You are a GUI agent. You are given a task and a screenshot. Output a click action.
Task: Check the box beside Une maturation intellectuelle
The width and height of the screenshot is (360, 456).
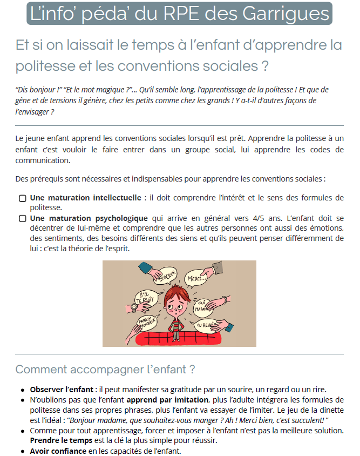pos(22,198)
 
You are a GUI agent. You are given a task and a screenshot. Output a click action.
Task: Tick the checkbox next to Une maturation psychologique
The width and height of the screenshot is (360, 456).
pos(22,219)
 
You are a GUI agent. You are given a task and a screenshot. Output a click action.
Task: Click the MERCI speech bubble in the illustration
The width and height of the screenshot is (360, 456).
pos(197,279)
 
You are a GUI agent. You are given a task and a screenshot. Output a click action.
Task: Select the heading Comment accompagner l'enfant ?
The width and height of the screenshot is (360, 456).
pos(105,370)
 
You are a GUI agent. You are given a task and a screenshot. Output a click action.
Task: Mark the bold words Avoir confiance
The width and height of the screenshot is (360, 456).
pos(58,451)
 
